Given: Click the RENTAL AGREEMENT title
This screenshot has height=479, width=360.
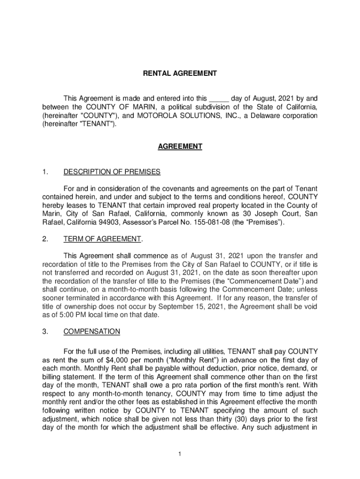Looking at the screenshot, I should (x=180, y=73).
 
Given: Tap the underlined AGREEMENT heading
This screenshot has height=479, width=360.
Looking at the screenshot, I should (x=180, y=146).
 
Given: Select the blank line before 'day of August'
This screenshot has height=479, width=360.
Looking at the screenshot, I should (x=218, y=99).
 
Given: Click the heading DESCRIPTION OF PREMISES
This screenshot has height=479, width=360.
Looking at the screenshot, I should (x=112, y=172).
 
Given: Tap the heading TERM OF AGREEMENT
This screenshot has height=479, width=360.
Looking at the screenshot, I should (x=102, y=239).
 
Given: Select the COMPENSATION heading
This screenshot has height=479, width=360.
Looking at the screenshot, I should (x=92, y=332).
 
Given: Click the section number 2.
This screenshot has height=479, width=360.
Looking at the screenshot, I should (x=44, y=239).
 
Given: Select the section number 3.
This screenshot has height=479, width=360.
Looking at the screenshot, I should (x=44, y=332).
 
